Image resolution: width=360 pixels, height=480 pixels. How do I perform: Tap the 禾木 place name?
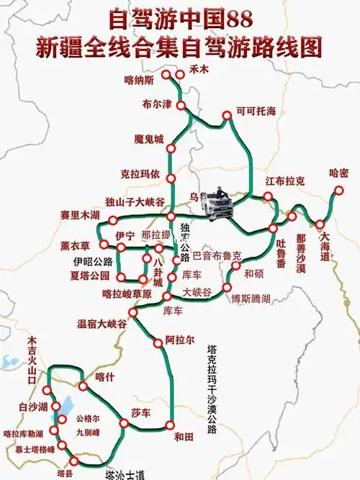[198, 70]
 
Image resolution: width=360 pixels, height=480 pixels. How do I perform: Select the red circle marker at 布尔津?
[181, 106]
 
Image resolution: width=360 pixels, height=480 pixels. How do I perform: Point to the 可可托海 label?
[256, 112]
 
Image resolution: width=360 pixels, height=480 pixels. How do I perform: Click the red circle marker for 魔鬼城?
[171, 149]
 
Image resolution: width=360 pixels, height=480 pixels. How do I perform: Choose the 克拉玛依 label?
[139, 173]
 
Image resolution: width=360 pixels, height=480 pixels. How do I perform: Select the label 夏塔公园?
[90, 276]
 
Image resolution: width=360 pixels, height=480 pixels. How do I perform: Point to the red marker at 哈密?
[338, 191]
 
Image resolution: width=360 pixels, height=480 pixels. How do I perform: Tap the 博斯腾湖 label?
[251, 298]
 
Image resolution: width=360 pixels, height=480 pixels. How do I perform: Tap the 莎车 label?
[140, 413]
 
